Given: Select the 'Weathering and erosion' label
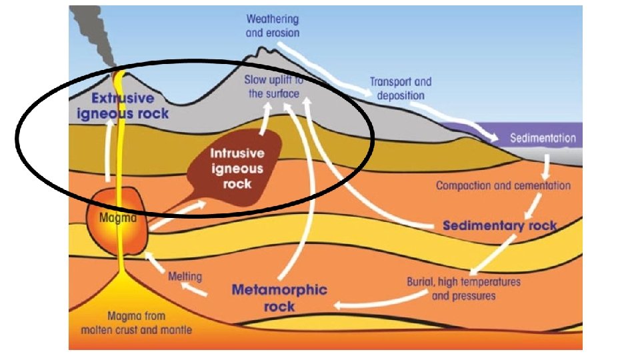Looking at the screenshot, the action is pyautogui.click(x=273, y=26).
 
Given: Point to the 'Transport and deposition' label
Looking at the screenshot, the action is pyautogui.click(x=400, y=89).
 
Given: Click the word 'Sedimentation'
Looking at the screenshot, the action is pyautogui.click(x=543, y=139).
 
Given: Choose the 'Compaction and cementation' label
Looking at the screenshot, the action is pyautogui.click(x=503, y=185).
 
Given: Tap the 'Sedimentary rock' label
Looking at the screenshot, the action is pyautogui.click(x=499, y=225).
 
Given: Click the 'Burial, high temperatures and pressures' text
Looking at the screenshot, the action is pyautogui.click(x=463, y=288).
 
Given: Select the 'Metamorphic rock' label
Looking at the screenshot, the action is pyautogui.click(x=279, y=297).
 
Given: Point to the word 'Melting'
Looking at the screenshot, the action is pyautogui.click(x=185, y=275).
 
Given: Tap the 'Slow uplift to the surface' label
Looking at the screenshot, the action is pyautogui.click(x=274, y=87).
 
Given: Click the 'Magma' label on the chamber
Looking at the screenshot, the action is pyautogui.click(x=117, y=217).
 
